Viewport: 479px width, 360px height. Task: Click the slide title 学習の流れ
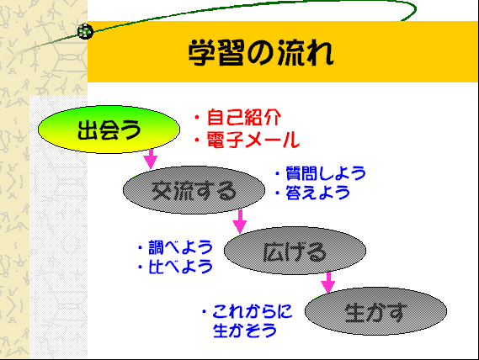(261, 53)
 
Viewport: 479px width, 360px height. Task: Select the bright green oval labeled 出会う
(109, 130)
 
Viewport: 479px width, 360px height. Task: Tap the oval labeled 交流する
(194, 190)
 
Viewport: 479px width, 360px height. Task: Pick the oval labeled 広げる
(295, 251)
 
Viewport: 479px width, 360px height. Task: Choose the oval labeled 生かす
(375, 311)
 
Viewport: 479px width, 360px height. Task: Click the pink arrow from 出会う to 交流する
(151, 159)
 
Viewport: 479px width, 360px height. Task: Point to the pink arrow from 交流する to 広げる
(240, 221)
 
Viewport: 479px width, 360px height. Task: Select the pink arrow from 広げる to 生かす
(328, 282)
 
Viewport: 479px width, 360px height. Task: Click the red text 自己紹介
(244, 118)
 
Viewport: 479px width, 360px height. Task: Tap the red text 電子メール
(253, 140)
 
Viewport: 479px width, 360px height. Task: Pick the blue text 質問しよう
(326, 173)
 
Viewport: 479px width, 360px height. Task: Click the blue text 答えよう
(317, 193)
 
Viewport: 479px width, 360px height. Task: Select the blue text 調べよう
(180, 247)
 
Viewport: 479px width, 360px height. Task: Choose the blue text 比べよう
(180, 267)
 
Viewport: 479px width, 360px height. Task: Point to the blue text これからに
(253, 311)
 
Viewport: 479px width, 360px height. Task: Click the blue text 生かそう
(245, 331)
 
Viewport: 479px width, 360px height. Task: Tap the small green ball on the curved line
(85, 31)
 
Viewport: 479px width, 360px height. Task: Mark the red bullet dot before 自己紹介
(197, 117)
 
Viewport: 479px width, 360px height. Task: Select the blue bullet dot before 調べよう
(141, 247)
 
